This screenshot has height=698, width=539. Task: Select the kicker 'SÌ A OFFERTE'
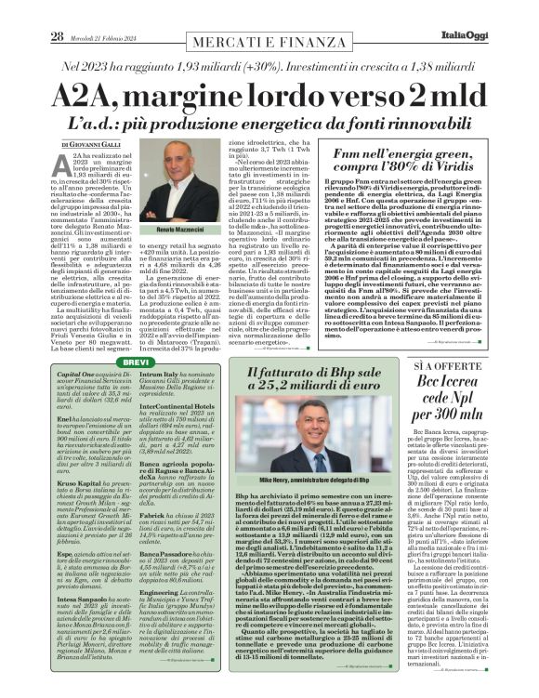(x=474, y=367)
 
